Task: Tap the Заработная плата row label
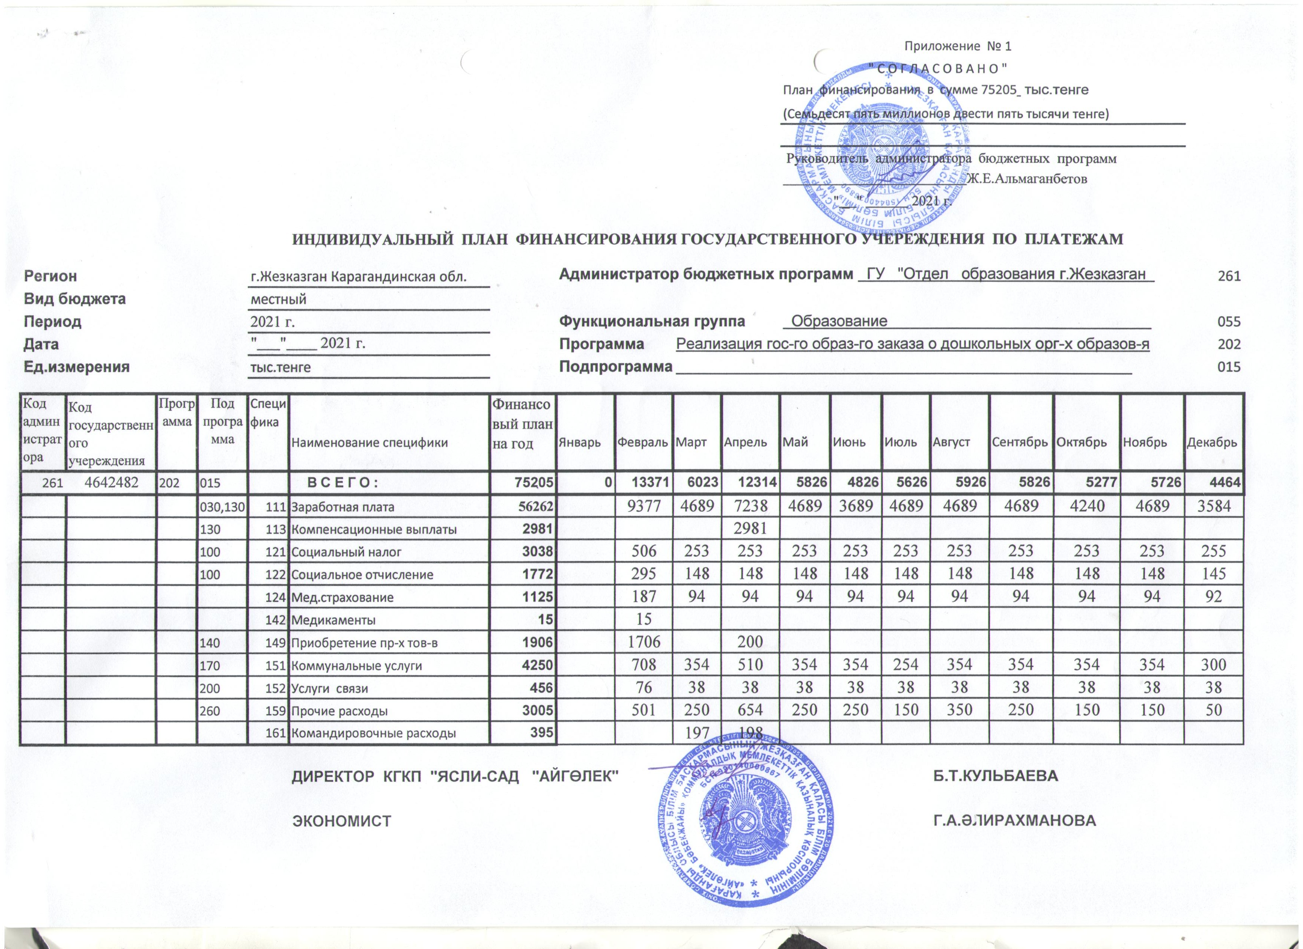[343, 507]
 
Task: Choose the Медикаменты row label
[334, 620]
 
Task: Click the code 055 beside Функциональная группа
[1229, 322]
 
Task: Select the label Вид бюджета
[75, 299]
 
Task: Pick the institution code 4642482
[111, 483]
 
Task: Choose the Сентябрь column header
[1021, 442]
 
